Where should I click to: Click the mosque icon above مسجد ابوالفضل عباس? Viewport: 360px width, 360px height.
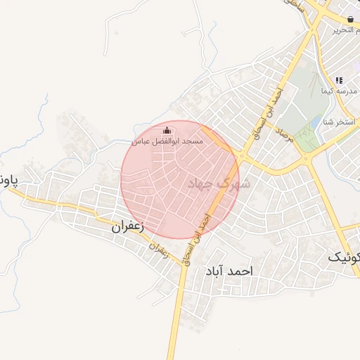click(x=167, y=130)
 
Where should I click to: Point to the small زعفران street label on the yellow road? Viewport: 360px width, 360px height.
click(x=161, y=249)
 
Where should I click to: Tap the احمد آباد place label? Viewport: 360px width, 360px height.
click(x=229, y=271)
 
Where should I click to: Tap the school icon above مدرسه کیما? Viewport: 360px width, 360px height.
click(x=340, y=81)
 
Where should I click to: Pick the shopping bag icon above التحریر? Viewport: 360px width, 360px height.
click(x=349, y=18)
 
